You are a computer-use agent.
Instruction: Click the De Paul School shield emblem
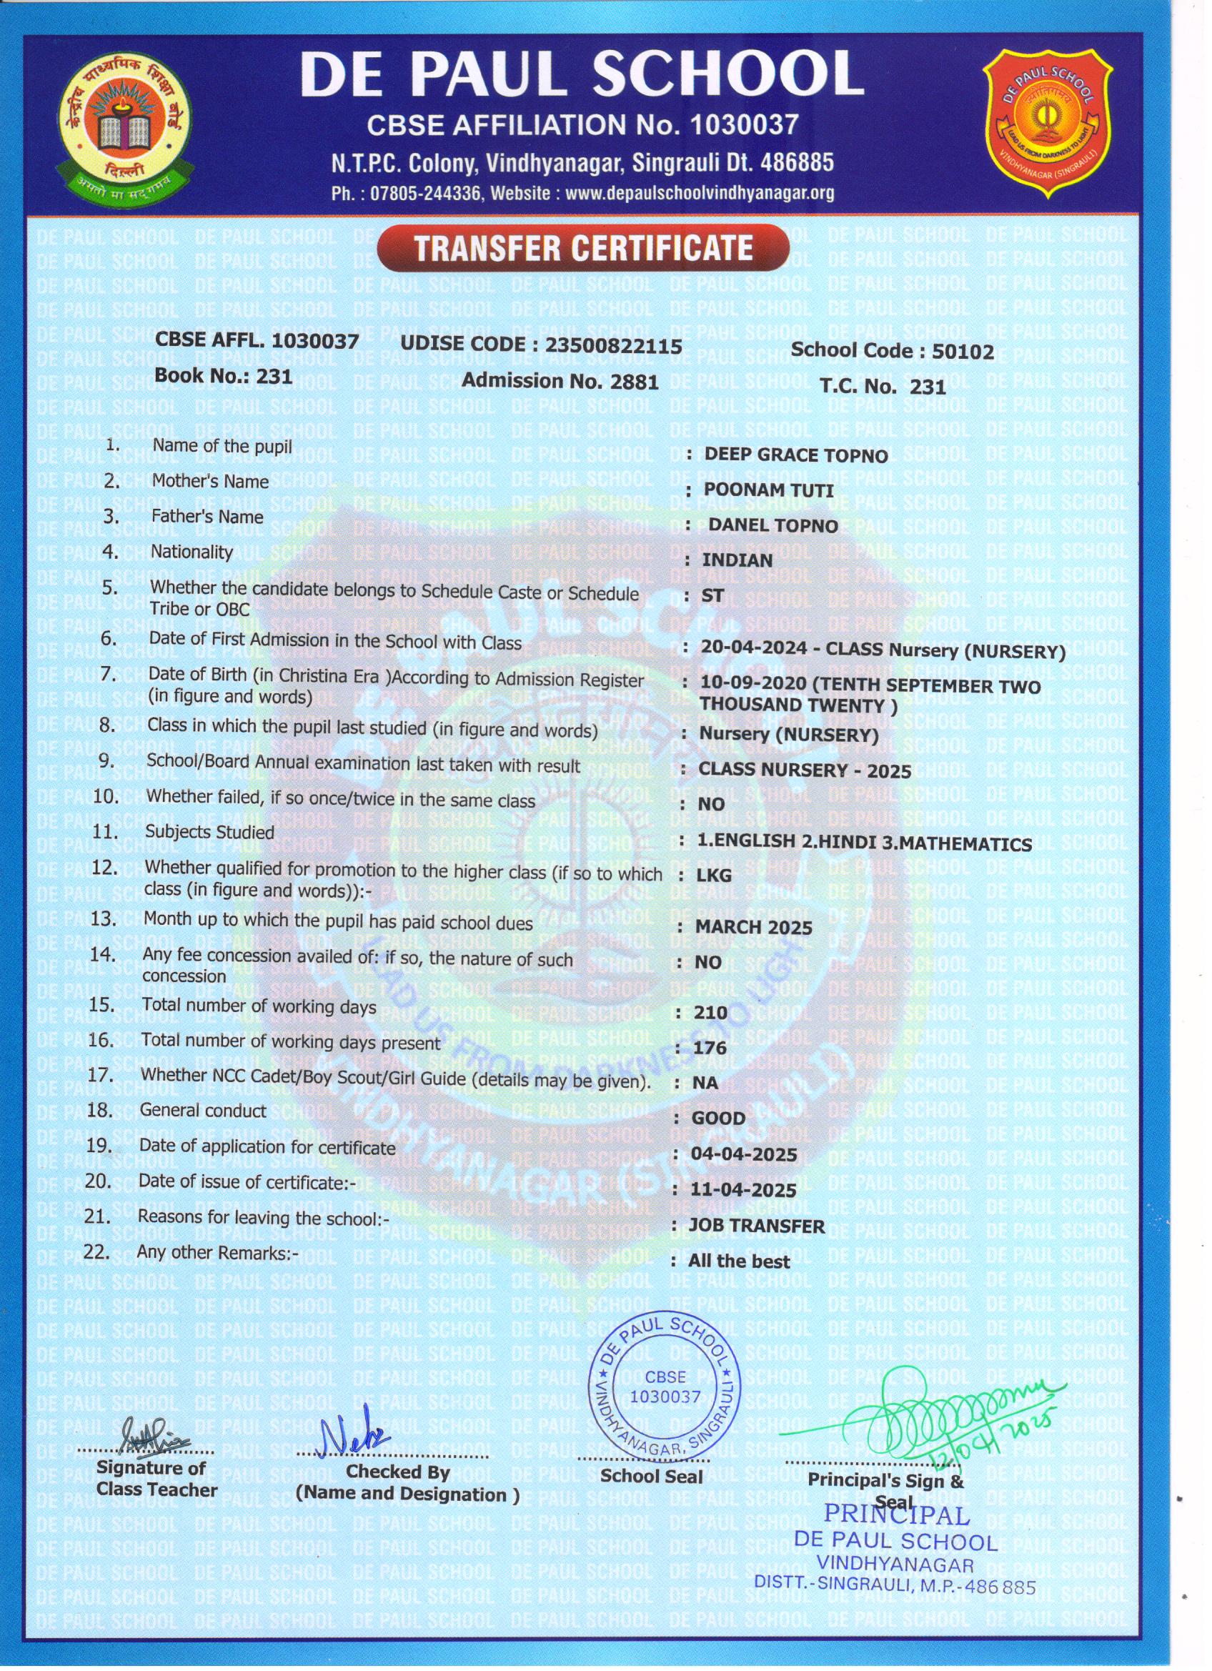point(1048,124)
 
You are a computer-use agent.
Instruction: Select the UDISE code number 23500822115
point(614,345)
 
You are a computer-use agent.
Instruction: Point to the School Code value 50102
point(962,352)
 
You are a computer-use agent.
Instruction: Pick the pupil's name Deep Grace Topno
point(795,455)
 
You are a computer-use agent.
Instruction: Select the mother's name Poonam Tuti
point(768,490)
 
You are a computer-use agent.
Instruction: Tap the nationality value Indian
point(737,560)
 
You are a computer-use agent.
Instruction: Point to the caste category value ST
point(712,595)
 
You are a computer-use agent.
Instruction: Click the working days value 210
point(710,1012)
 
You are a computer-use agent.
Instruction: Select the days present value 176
point(710,1047)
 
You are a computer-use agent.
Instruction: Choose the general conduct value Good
point(718,1118)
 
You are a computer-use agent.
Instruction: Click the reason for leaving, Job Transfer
point(756,1226)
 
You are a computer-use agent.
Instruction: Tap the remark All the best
point(738,1261)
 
